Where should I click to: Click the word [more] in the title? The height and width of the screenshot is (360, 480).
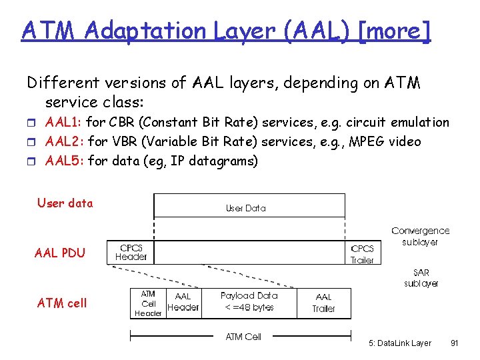coord(394,30)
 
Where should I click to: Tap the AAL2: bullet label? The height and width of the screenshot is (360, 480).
coord(64,141)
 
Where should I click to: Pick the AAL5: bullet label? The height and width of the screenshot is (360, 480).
coord(64,161)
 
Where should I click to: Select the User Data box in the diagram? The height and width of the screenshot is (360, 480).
coord(249,206)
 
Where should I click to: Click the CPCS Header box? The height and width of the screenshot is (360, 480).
coord(131,252)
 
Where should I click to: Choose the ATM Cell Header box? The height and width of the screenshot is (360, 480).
coord(148,303)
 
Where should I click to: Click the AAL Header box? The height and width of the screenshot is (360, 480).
coord(183,302)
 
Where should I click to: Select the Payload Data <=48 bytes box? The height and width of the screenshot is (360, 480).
coord(249,301)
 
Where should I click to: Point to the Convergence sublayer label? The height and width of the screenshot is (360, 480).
coord(420,236)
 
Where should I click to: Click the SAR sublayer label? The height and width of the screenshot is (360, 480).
coord(421,278)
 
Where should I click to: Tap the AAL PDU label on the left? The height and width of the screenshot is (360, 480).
coord(60,253)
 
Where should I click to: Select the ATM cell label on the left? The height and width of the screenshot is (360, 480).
coord(62,303)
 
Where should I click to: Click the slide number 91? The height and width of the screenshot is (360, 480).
coord(454,343)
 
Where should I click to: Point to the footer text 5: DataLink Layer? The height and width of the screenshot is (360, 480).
coord(400,343)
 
